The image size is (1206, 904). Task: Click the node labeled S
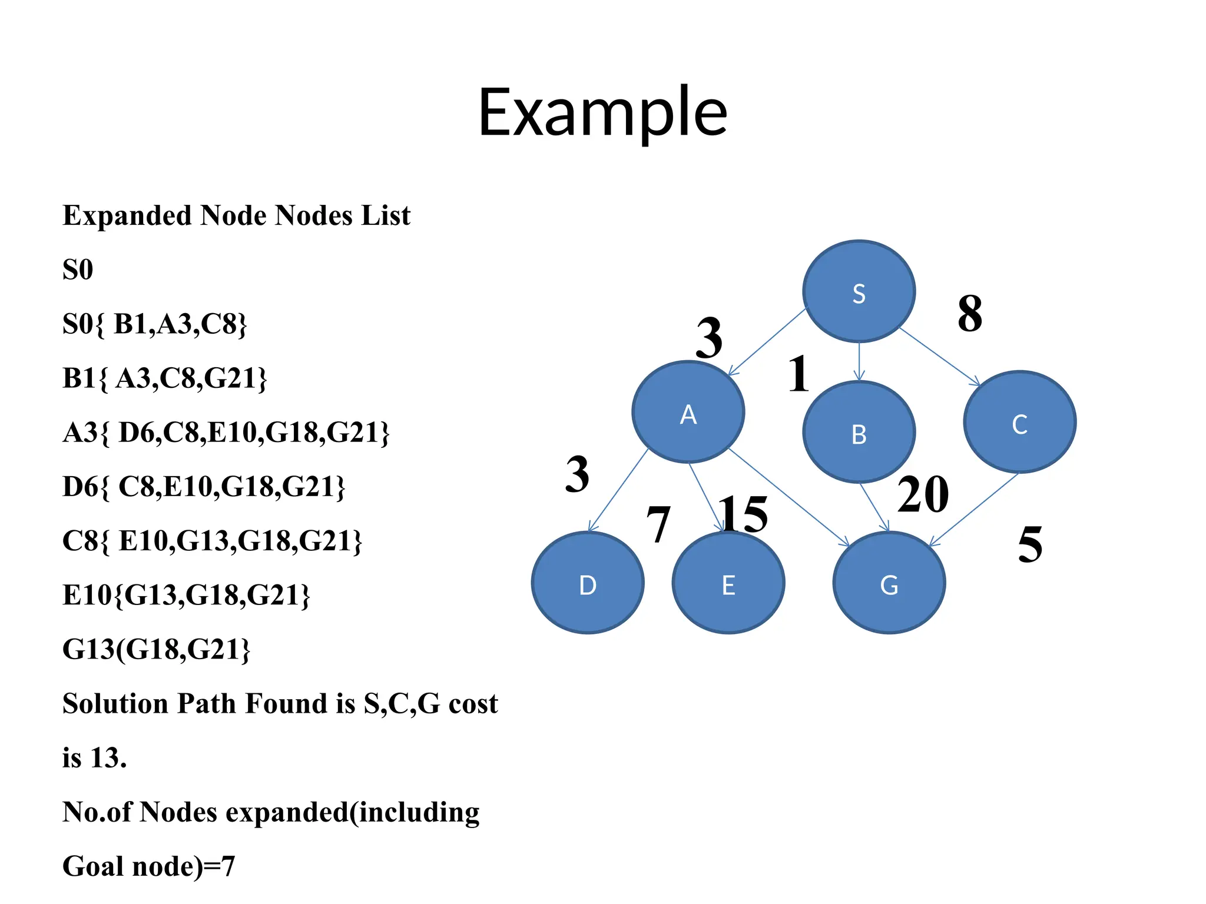(859, 291)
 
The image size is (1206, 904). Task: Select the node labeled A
(688, 412)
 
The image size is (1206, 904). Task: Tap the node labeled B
(859, 433)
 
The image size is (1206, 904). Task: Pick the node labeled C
(1019, 422)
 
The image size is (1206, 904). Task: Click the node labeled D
(587, 583)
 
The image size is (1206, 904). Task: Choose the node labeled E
(728, 583)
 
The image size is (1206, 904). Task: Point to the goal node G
(889, 583)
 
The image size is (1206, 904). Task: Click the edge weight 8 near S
(969, 314)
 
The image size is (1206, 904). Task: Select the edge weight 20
(923, 494)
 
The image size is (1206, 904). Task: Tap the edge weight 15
(743, 514)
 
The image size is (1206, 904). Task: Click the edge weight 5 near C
(1030, 544)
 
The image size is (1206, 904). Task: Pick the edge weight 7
(658, 524)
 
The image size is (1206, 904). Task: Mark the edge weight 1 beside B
(799, 374)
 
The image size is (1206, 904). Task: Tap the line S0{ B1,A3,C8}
(154, 324)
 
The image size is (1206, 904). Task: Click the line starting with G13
(156, 649)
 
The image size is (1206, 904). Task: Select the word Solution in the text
(115, 703)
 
